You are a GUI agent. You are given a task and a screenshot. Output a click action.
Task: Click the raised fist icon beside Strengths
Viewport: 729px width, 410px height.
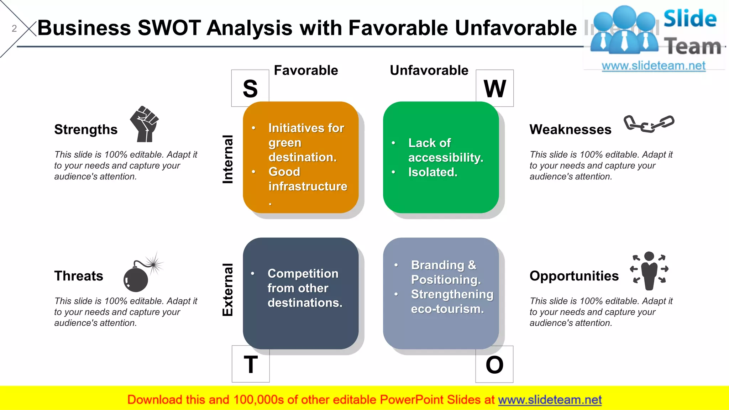(x=144, y=124)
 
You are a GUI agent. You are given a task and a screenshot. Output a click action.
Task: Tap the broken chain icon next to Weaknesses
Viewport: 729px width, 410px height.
(x=649, y=123)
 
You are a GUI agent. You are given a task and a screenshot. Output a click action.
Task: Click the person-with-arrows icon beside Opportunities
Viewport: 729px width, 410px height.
(x=649, y=270)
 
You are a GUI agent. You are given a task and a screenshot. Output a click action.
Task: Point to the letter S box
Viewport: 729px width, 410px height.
(x=250, y=88)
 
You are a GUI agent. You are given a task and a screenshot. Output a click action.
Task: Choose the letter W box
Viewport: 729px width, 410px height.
(x=494, y=88)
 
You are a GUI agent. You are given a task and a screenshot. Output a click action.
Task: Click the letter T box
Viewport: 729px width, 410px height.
(x=251, y=364)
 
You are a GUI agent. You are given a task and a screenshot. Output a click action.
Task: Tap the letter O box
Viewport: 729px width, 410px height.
(x=494, y=364)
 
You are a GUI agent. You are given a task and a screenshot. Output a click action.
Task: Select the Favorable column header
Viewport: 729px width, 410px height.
(x=306, y=70)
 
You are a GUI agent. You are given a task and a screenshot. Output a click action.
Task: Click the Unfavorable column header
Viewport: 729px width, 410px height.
(x=429, y=70)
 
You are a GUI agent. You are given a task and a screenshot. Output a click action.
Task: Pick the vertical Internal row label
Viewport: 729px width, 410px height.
(x=228, y=159)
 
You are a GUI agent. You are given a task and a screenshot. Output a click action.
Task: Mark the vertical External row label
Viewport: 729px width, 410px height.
(x=228, y=290)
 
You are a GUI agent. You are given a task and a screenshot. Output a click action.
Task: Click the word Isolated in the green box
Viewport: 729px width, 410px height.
(x=432, y=172)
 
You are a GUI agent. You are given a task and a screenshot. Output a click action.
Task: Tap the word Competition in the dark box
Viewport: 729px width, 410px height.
(x=303, y=273)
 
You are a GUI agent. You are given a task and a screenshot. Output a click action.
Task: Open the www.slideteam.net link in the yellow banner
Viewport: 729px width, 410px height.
(x=550, y=400)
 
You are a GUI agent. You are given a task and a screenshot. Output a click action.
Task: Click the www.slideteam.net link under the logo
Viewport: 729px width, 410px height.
(x=654, y=66)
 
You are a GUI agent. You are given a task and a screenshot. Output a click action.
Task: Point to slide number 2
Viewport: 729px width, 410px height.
(x=14, y=28)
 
